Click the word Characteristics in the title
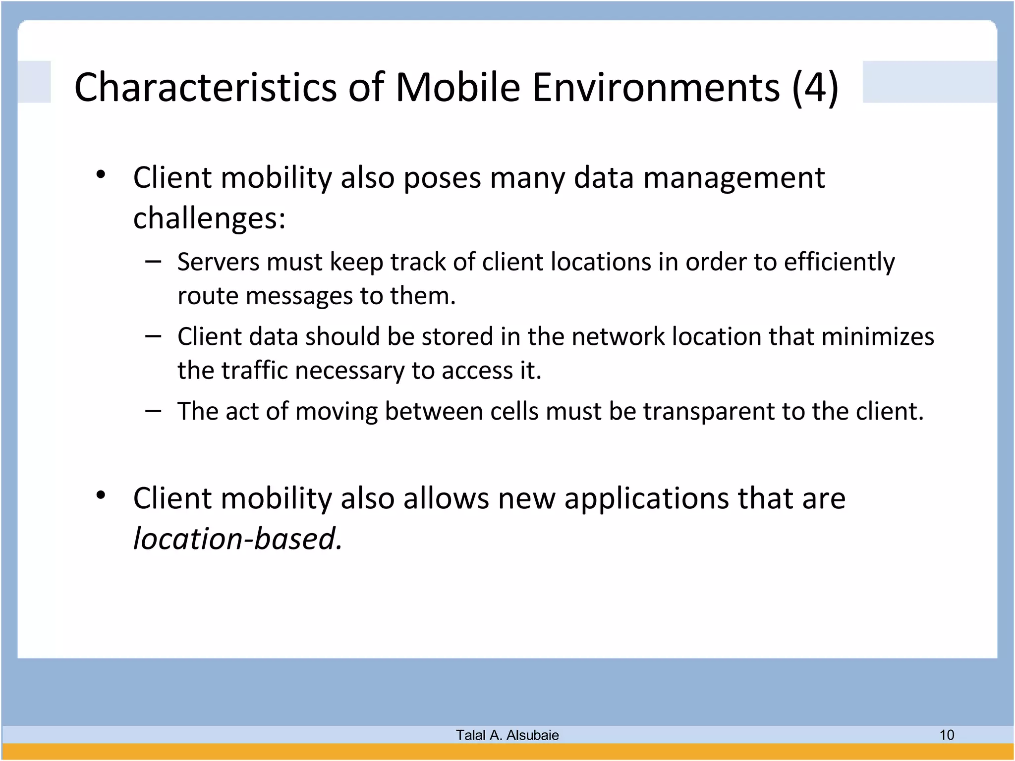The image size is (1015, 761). click(205, 87)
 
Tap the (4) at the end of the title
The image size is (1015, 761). click(815, 87)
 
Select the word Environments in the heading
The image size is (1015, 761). click(656, 87)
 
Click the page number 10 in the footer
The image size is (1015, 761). click(947, 735)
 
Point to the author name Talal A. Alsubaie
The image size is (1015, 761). click(507, 735)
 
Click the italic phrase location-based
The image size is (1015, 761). click(237, 539)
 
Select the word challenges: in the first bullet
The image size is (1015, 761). click(210, 218)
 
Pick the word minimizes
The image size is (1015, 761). click(878, 336)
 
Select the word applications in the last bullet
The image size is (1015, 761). click(647, 498)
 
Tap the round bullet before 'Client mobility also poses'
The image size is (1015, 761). click(101, 174)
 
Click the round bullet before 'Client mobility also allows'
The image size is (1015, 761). click(101, 495)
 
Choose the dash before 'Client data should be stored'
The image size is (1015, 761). click(153, 336)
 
